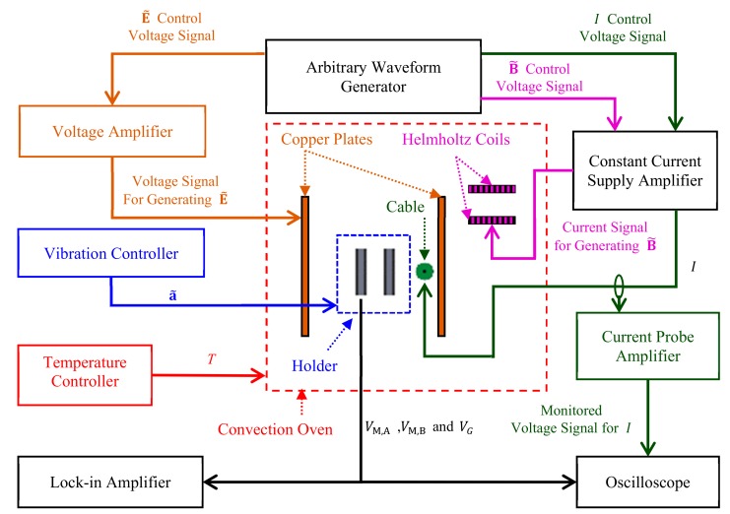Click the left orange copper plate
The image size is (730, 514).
click(x=304, y=266)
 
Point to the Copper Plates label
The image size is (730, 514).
click(x=325, y=140)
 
